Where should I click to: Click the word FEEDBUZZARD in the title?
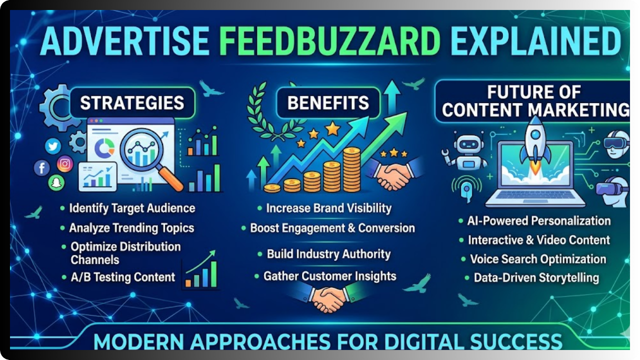pyautogui.click(x=330, y=41)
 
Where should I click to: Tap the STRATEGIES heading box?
pyautogui.click(x=132, y=103)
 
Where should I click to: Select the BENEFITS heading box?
pyautogui.click(x=328, y=103)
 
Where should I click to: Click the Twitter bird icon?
pyautogui.click(x=53, y=146)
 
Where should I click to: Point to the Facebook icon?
pyautogui.click(x=41, y=167)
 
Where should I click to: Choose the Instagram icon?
pyautogui.click(x=65, y=164)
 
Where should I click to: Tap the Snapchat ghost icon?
pyautogui.click(x=56, y=183)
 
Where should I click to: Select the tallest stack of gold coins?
pyautogui.click(x=351, y=169)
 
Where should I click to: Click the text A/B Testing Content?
pyautogui.click(x=123, y=277)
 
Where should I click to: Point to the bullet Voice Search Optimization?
pyautogui.click(x=537, y=259)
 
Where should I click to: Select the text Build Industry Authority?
pyautogui.click(x=328, y=254)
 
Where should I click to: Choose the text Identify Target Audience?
pyautogui.click(x=132, y=208)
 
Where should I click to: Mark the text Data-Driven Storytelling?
pyautogui.click(x=536, y=277)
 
